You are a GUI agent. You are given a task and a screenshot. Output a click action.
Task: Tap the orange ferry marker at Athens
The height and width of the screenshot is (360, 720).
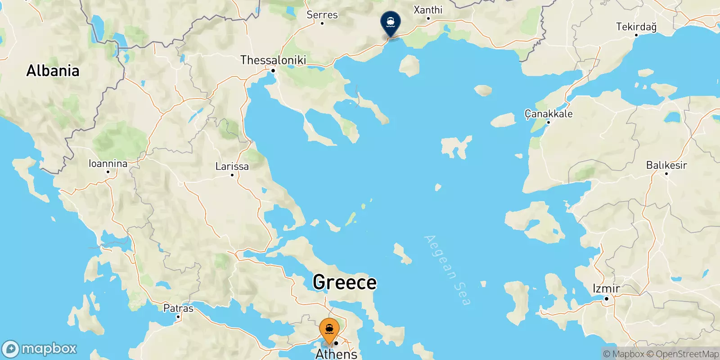(329, 330)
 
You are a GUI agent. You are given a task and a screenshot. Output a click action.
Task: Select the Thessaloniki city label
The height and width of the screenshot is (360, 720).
(273, 60)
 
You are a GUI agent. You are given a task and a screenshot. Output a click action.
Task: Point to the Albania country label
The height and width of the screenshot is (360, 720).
(53, 71)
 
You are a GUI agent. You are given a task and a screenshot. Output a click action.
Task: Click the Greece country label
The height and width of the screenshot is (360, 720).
(345, 282)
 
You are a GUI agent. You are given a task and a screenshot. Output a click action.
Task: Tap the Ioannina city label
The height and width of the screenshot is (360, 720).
(108, 163)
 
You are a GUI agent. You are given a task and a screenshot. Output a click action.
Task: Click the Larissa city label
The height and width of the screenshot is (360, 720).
(232, 166)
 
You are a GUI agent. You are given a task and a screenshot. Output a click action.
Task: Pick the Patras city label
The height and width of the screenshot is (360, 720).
(178, 308)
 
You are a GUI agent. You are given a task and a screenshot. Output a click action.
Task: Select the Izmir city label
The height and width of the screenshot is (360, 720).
(606, 288)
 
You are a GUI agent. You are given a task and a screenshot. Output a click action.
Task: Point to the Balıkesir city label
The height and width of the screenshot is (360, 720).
(666, 165)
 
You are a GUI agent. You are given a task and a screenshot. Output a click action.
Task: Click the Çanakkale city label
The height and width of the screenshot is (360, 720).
(549, 114)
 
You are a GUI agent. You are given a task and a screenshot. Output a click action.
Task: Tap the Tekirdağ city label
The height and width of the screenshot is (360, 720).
(636, 27)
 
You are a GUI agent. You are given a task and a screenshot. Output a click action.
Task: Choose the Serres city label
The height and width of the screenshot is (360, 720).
(322, 15)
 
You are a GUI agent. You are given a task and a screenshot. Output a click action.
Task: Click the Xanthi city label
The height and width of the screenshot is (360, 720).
(428, 10)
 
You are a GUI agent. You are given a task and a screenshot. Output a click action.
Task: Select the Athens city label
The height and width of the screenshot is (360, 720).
(336, 354)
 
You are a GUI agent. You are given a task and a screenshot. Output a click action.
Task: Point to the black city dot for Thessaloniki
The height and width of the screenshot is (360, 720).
(273, 71)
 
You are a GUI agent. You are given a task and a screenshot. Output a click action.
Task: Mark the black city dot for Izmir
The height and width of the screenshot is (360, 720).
(606, 298)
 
